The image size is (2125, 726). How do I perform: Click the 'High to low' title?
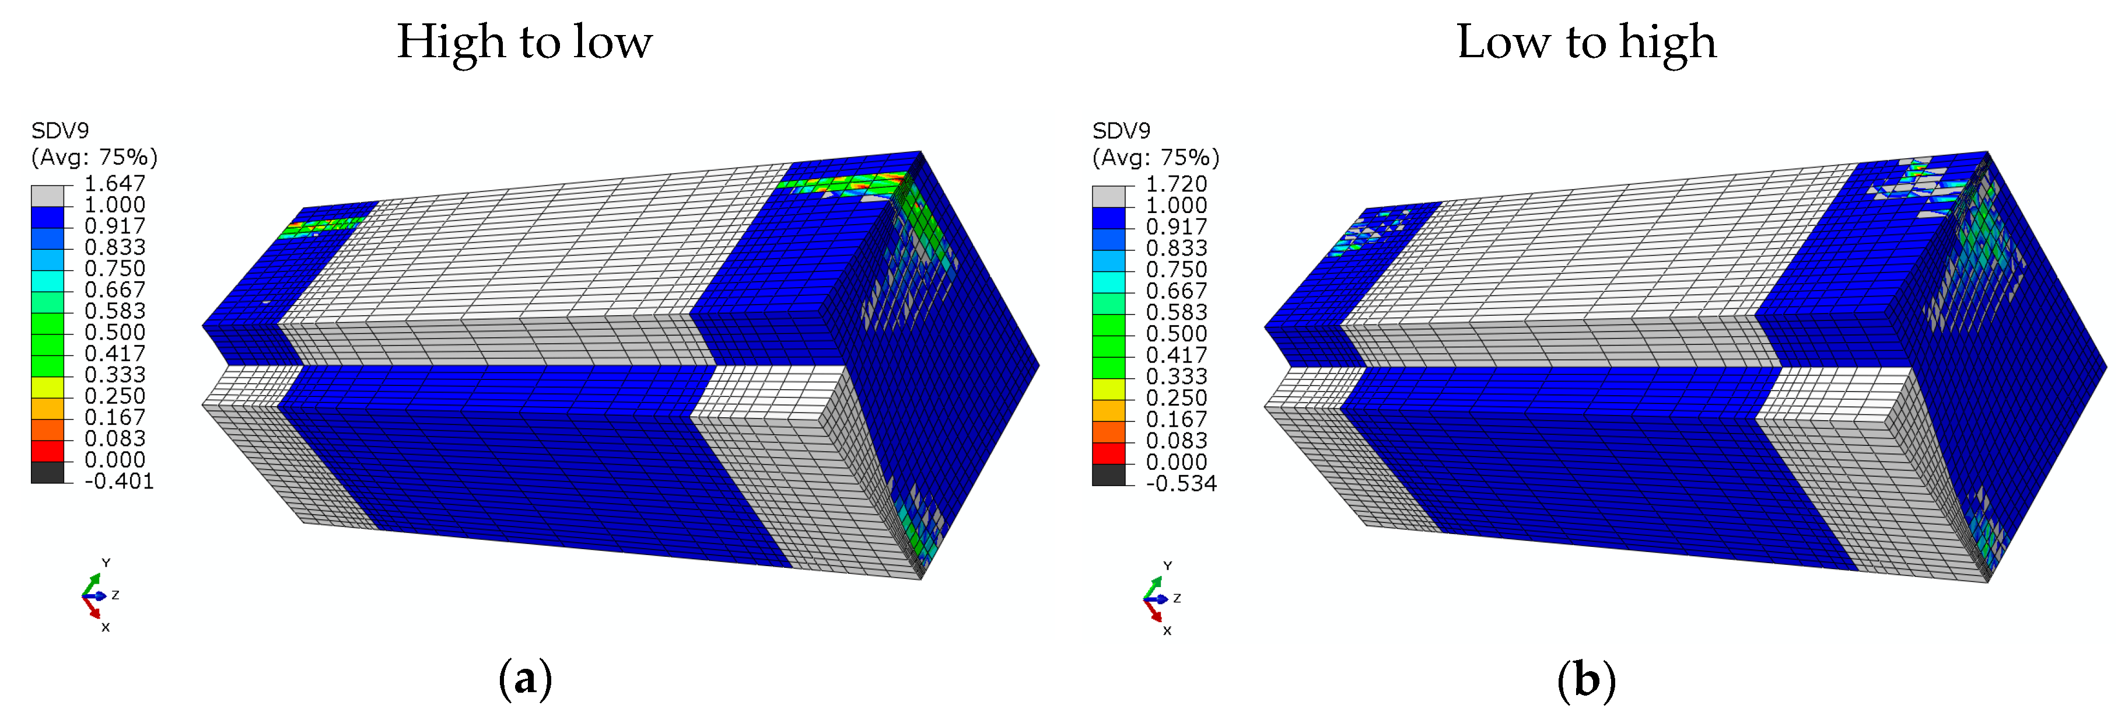[x=524, y=43]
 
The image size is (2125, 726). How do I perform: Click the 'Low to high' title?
[x=1587, y=43]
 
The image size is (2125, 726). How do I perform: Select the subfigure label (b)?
[x=1587, y=680]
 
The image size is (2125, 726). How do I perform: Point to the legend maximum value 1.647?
[x=115, y=183]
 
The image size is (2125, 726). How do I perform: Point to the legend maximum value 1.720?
[x=1177, y=184]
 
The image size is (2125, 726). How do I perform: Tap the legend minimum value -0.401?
[x=120, y=481]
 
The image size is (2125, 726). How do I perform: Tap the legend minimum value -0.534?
[x=1181, y=483]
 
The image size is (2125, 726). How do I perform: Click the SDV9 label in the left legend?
[x=60, y=130]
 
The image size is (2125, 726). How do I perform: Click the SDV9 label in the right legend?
[x=1122, y=130]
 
